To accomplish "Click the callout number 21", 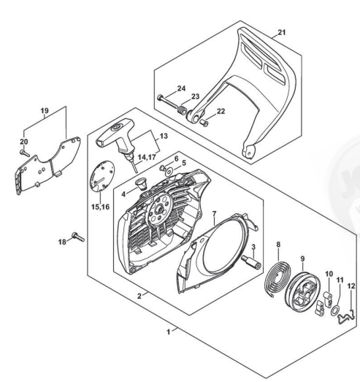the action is [x=281, y=32].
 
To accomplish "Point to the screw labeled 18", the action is [x=78, y=237].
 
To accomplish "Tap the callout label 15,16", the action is [x=100, y=207].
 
